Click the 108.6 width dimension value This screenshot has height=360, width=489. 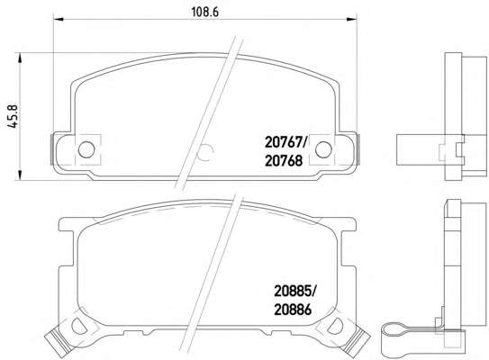point(204,13)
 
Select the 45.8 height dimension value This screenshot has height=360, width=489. point(14,116)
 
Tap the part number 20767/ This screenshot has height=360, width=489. point(286,143)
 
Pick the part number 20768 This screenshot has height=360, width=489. point(284,161)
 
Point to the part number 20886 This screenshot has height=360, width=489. point(293,310)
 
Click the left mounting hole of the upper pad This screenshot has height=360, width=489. point(86,149)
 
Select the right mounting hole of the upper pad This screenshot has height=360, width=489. point(323,149)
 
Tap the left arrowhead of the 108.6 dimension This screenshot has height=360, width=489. point(59,19)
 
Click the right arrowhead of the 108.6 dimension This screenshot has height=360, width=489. point(352,19)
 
